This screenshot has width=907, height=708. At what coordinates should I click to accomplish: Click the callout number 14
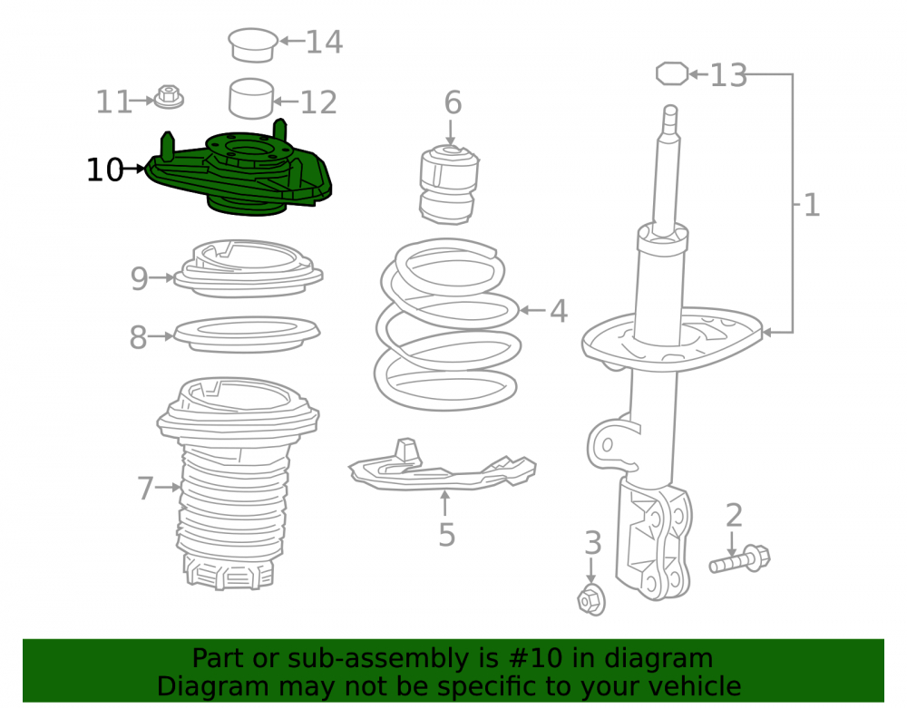point(324,43)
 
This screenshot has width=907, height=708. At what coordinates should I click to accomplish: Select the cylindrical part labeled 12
point(251,98)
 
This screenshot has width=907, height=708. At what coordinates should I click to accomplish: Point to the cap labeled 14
point(253,44)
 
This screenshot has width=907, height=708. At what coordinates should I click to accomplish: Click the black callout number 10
point(104,170)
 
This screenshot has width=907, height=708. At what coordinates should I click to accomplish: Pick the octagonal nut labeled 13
point(672,74)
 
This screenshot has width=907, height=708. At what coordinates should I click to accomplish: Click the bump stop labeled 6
point(450,185)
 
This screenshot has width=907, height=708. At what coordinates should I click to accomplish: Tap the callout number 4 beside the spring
point(558,311)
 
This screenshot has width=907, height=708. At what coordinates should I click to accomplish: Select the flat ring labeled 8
point(247,335)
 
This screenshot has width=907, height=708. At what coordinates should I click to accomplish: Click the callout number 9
point(140,278)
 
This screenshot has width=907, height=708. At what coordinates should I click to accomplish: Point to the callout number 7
point(145,489)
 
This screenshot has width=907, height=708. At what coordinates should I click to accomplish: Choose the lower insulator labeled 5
point(443,465)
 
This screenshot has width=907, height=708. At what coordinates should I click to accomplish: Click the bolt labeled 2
point(740,559)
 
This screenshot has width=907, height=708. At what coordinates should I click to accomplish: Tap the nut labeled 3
point(591,600)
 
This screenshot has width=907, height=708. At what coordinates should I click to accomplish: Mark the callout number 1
point(812,205)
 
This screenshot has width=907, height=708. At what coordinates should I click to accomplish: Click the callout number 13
point(728,75)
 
